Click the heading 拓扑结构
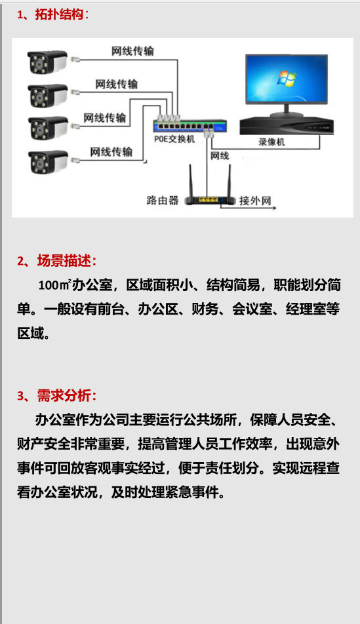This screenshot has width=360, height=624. pos(59,14)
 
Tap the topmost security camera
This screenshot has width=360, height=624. pos(47,62)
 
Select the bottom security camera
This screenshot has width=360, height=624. pos(48,161)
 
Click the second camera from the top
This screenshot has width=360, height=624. pos(48,96)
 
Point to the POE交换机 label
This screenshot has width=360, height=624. pos(174,139)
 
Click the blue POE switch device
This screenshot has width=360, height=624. pos(190,126)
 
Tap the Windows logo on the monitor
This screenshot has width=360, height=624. pos(287,79)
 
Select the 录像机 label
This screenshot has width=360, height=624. pos(271,142)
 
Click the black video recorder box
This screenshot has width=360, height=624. pos(287,126)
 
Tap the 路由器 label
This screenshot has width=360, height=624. pos(163,200)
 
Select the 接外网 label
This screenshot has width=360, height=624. pos(255,200)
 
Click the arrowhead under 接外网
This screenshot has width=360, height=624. pos(274,208)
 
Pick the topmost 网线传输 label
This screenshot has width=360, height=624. pos(132,51)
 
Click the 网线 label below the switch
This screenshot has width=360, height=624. pos(220,155)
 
